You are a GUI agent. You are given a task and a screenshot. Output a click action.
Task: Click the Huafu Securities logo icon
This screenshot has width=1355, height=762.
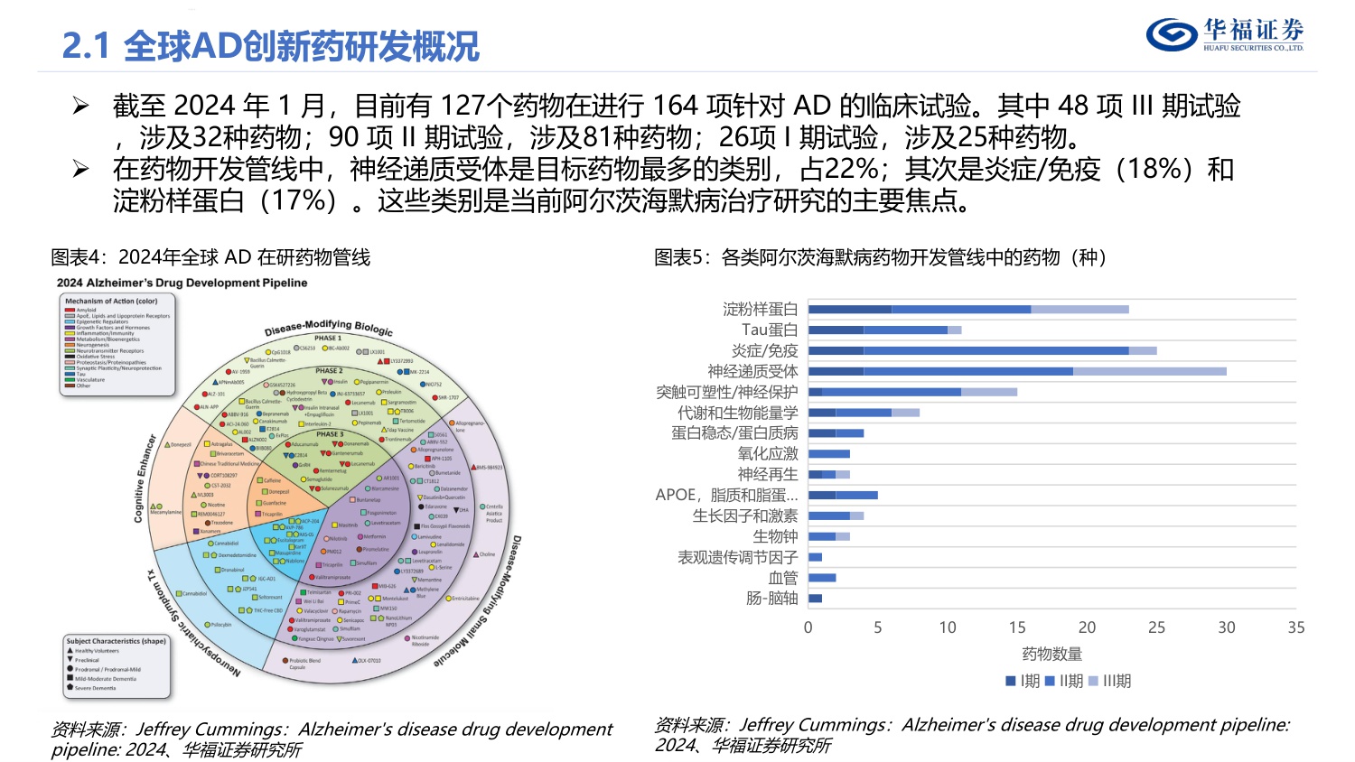click(x=1172, y=34)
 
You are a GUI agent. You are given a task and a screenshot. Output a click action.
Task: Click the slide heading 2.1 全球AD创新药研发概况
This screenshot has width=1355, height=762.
click(x=270, y=46)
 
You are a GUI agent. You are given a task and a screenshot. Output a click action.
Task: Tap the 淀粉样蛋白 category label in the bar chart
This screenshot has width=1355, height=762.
click(x=760, y=310)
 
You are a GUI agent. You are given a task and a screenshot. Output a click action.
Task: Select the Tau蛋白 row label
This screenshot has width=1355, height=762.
click(x=770, y=330)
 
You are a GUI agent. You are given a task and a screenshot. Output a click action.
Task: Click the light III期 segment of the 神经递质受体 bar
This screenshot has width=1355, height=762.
click(x=1149, y=371)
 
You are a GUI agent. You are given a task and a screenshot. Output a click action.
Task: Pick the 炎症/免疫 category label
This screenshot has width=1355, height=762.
click(x=764, y=351)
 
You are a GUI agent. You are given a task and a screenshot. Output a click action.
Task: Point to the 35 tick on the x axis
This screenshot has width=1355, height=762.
click(x=1295, y=627)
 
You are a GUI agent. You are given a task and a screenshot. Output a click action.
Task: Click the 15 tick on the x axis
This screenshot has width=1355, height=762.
click(x=1017, y=627)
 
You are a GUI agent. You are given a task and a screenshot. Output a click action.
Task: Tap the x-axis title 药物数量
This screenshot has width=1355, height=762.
click(x=1051, y=654)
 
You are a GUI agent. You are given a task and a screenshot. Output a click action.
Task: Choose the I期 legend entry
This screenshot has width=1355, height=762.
click(x=1023, y=682)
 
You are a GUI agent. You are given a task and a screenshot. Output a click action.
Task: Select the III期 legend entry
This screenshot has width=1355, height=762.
click(x=1110, y=682)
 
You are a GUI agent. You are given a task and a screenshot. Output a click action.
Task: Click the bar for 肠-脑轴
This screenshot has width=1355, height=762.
click(x=815, y=599)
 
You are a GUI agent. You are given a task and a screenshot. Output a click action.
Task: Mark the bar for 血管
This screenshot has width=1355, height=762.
click(x=822, y=578)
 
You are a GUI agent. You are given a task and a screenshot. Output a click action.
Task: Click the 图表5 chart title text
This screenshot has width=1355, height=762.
click(x=880, y=258)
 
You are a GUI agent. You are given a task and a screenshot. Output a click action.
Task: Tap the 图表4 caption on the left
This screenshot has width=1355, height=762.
click(x=210, y=258)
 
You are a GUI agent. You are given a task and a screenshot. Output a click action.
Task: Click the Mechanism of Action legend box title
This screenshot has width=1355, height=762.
click(x=111, y=302)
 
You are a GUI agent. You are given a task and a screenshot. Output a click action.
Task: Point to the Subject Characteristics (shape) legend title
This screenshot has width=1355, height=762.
click(x=117, y=641)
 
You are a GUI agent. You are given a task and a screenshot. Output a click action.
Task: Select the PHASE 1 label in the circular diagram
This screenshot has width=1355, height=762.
click(x=328, y=339)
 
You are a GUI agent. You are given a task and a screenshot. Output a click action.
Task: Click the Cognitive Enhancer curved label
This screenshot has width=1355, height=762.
click(x=145, y=479)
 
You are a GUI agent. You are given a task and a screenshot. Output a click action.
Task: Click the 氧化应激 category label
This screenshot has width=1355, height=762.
click(x=768, y=454)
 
